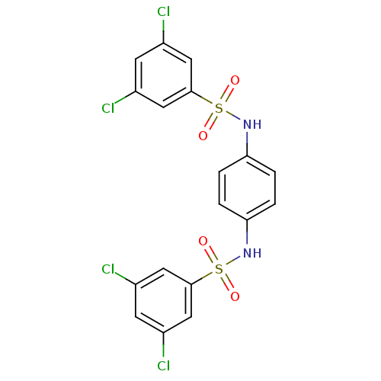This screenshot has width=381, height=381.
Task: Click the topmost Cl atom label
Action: [163, 11]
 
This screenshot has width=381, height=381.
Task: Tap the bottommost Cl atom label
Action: [163, 366]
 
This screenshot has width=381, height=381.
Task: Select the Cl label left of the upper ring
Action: [108, 108]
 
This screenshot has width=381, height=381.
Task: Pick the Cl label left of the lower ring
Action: [108, 269]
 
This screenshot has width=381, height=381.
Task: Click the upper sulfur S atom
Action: [219, 108]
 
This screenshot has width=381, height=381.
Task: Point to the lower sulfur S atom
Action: [219, 269]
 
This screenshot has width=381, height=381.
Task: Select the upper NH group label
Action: [252, 124]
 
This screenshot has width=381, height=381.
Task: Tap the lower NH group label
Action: [252, 253]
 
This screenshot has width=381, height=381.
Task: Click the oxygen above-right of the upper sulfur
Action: [235, 81]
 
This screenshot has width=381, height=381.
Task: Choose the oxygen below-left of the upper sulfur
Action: [203, 136]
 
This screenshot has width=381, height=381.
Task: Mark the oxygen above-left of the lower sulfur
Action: [203, 242]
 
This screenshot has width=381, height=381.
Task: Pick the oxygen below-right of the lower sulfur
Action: [235, 296]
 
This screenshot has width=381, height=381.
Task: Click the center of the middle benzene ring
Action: [247, 188]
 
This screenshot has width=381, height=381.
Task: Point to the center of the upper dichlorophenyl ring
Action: [163, 75]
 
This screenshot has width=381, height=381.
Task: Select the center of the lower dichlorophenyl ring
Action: [163, 300]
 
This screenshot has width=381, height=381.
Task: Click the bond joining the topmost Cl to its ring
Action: [163, 31]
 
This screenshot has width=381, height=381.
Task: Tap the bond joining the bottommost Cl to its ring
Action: [163, 345]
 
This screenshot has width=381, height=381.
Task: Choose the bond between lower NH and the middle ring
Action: [247, 232]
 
